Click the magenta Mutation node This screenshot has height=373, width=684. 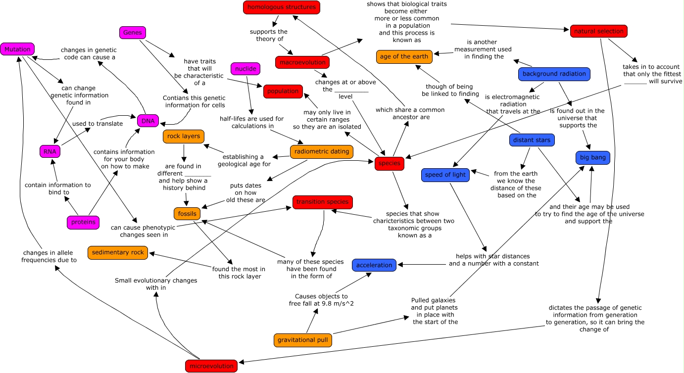click(18, 49)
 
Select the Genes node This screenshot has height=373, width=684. click(133, 33)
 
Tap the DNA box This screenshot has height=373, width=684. click(148, 121)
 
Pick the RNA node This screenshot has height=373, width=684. click(50, 151)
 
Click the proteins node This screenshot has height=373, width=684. click(83, 222)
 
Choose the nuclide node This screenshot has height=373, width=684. click(245, 69)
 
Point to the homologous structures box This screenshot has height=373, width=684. click(282, 7)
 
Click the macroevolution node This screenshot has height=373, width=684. click(302, 63)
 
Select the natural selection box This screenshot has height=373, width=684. click(598, 31)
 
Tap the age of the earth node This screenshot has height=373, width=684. click(404, 56)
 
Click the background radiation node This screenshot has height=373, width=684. click(554, 74)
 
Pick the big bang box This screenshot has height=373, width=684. click(593, 158)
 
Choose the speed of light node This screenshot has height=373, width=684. click(445, 175)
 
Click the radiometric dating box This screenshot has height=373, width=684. click(322, 151)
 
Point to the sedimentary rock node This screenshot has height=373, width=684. click(117, 252)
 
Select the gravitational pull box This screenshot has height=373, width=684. click(302, 340)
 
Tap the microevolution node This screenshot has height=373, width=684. click(211, 366)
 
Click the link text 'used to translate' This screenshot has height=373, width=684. click(98, 124)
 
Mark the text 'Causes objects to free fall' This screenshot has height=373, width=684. click(321, 300)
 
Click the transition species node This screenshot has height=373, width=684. click(323, 202)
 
